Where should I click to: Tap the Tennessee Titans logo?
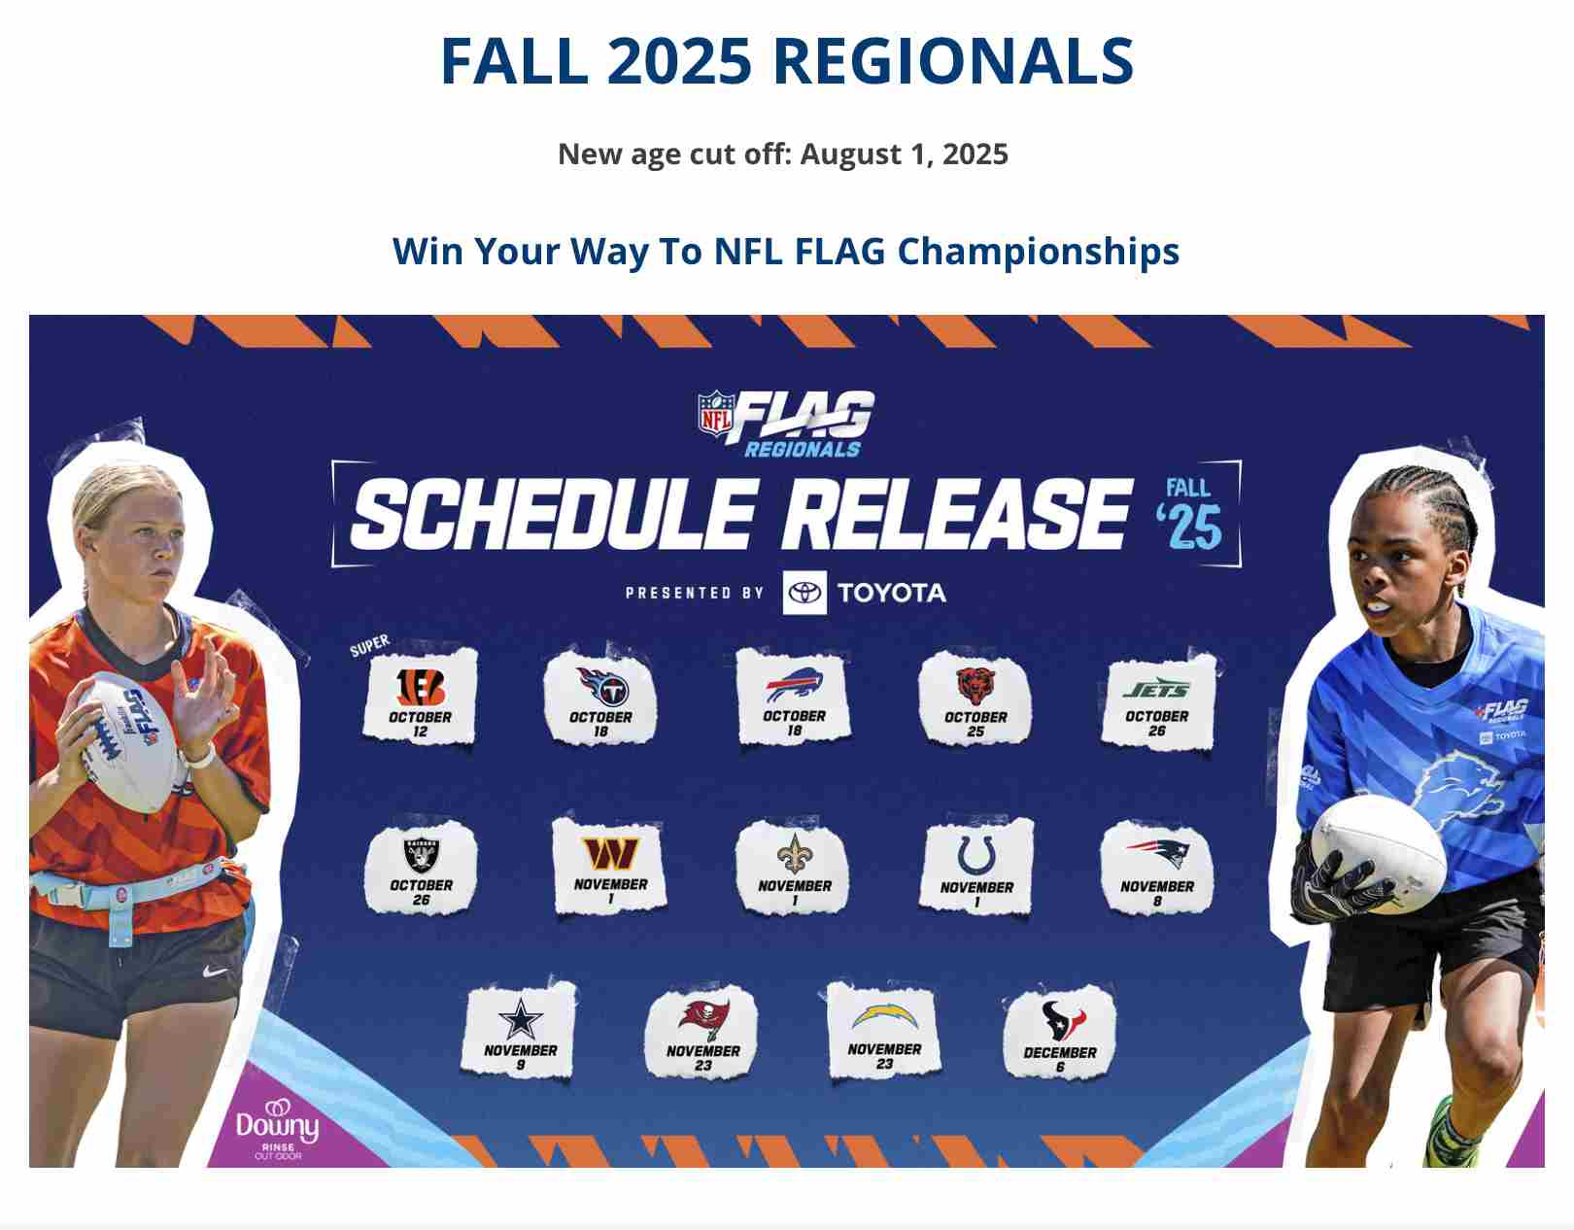[x=602, y=686]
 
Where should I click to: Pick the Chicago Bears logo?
[x=975, y=686]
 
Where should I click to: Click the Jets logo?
[x=1157, y=689]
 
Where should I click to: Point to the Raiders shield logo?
[x=421, y=854]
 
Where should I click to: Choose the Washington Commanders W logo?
[x=610, y=854]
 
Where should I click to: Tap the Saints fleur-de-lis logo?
[x=795, y=854]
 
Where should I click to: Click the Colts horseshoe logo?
[x=975, y=856]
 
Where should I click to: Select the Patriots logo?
[x=1157, y=854]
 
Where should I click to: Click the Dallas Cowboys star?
[x=520, y=1019]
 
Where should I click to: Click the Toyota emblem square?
[x=804, y=593]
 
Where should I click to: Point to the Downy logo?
[x=278, y=1129]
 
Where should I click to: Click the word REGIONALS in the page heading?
[x=953, y=61]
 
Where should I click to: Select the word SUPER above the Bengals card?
[x=370, y=645]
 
